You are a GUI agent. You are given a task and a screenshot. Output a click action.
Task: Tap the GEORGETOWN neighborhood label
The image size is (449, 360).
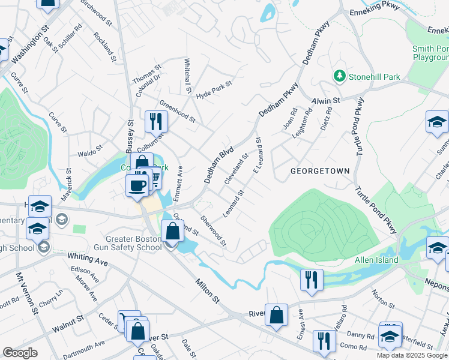tap(319, 171)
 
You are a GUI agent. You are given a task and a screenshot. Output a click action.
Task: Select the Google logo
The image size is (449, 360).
tap(20, 353)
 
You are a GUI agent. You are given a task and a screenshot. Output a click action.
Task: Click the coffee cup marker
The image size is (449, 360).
tap(137, 185)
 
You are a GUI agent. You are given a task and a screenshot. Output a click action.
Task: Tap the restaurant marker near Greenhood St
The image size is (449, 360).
tap(156, 122)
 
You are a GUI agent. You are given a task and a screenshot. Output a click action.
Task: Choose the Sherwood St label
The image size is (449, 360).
tap(214, 232)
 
